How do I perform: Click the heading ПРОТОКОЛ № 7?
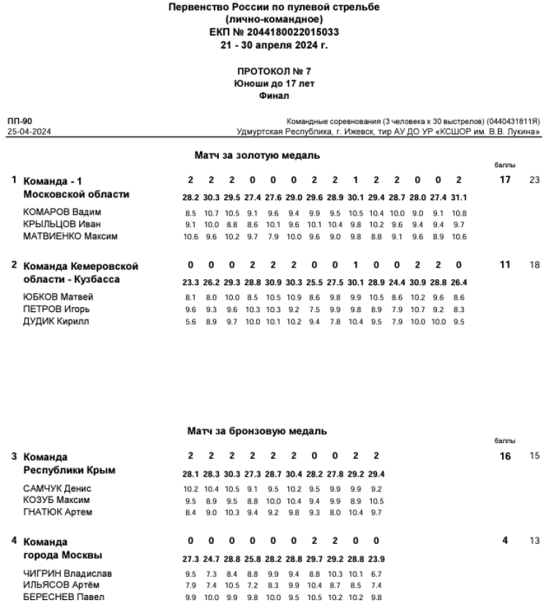click(274, 72)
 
